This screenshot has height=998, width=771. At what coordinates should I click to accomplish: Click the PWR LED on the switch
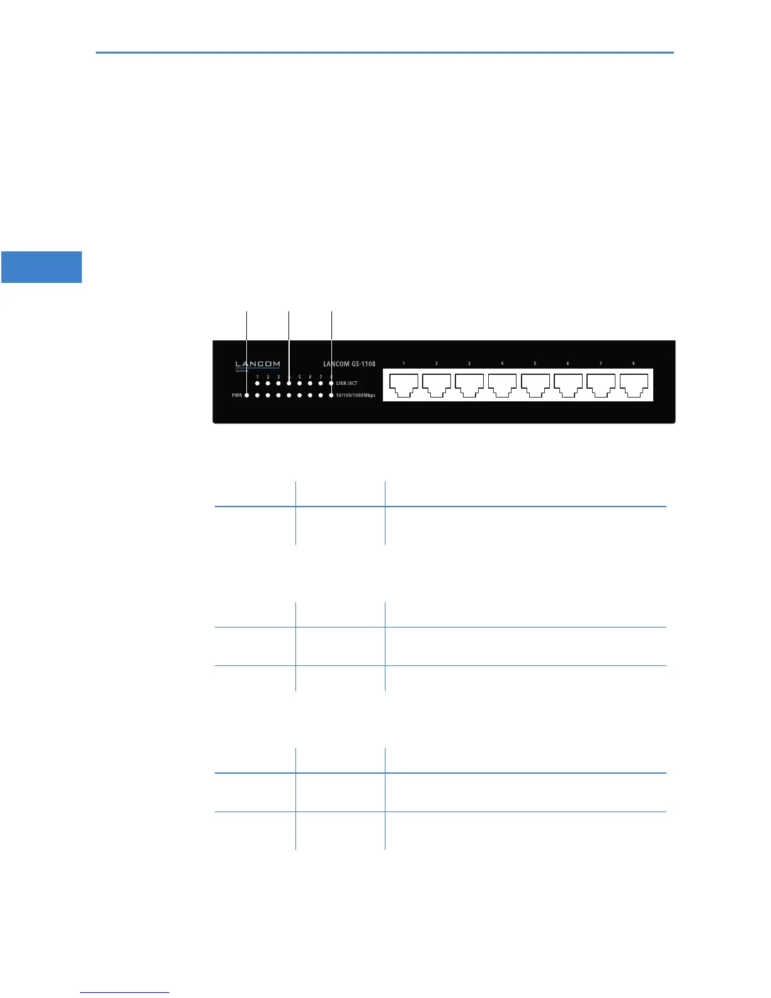(x=247, y=396)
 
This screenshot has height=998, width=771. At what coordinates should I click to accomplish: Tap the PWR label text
(x=237, y=396)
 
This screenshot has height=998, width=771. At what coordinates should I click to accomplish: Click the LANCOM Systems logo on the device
(x=258, y=365)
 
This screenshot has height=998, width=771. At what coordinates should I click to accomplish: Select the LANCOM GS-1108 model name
(x=349, y=364)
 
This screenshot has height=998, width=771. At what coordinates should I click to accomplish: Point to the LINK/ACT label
(x=346, y=383)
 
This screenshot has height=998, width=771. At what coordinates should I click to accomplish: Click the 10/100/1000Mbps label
(x=356, y=396)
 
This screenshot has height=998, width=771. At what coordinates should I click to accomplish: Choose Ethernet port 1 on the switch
(x=404, y=384)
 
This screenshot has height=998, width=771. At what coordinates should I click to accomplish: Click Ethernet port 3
(x=469, y=384)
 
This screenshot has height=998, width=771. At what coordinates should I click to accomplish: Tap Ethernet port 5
(x=535, y=384)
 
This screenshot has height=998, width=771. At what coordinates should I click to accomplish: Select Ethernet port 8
(x=634, y=384)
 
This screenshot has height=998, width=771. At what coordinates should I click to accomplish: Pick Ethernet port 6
(x=568, y=384)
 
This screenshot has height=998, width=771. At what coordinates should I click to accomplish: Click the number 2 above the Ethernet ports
(x=437, y=364)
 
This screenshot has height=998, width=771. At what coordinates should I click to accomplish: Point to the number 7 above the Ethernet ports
(x=600, y=364)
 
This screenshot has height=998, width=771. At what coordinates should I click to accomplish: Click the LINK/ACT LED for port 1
(x=258, y=383)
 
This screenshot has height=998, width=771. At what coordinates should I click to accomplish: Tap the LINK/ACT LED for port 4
(x=289, y=383)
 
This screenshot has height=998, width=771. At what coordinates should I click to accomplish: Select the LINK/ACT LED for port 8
(x=331, y=383)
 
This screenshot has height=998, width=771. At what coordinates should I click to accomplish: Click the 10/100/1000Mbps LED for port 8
(x=331, y=396)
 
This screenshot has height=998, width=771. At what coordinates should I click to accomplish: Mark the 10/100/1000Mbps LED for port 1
(x=258, y=396)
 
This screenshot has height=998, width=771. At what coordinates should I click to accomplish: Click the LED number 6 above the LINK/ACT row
(x=310, y=377)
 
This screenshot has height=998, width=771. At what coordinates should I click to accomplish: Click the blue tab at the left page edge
(x=42, y=267)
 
